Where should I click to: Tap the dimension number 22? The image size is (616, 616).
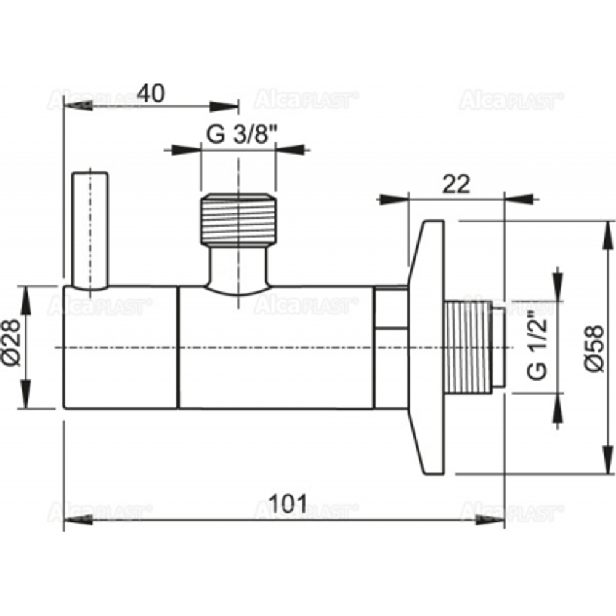click(456, 184)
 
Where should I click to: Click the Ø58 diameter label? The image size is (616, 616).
click(593, 347)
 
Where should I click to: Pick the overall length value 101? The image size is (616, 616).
click(288, 505)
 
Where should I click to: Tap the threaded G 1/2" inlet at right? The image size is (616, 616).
click(474, 347)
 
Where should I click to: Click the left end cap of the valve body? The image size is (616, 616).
click(120, 347)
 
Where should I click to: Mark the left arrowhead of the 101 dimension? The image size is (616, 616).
click(77, 520)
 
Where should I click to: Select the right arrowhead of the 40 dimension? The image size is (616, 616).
click(224, 107)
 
